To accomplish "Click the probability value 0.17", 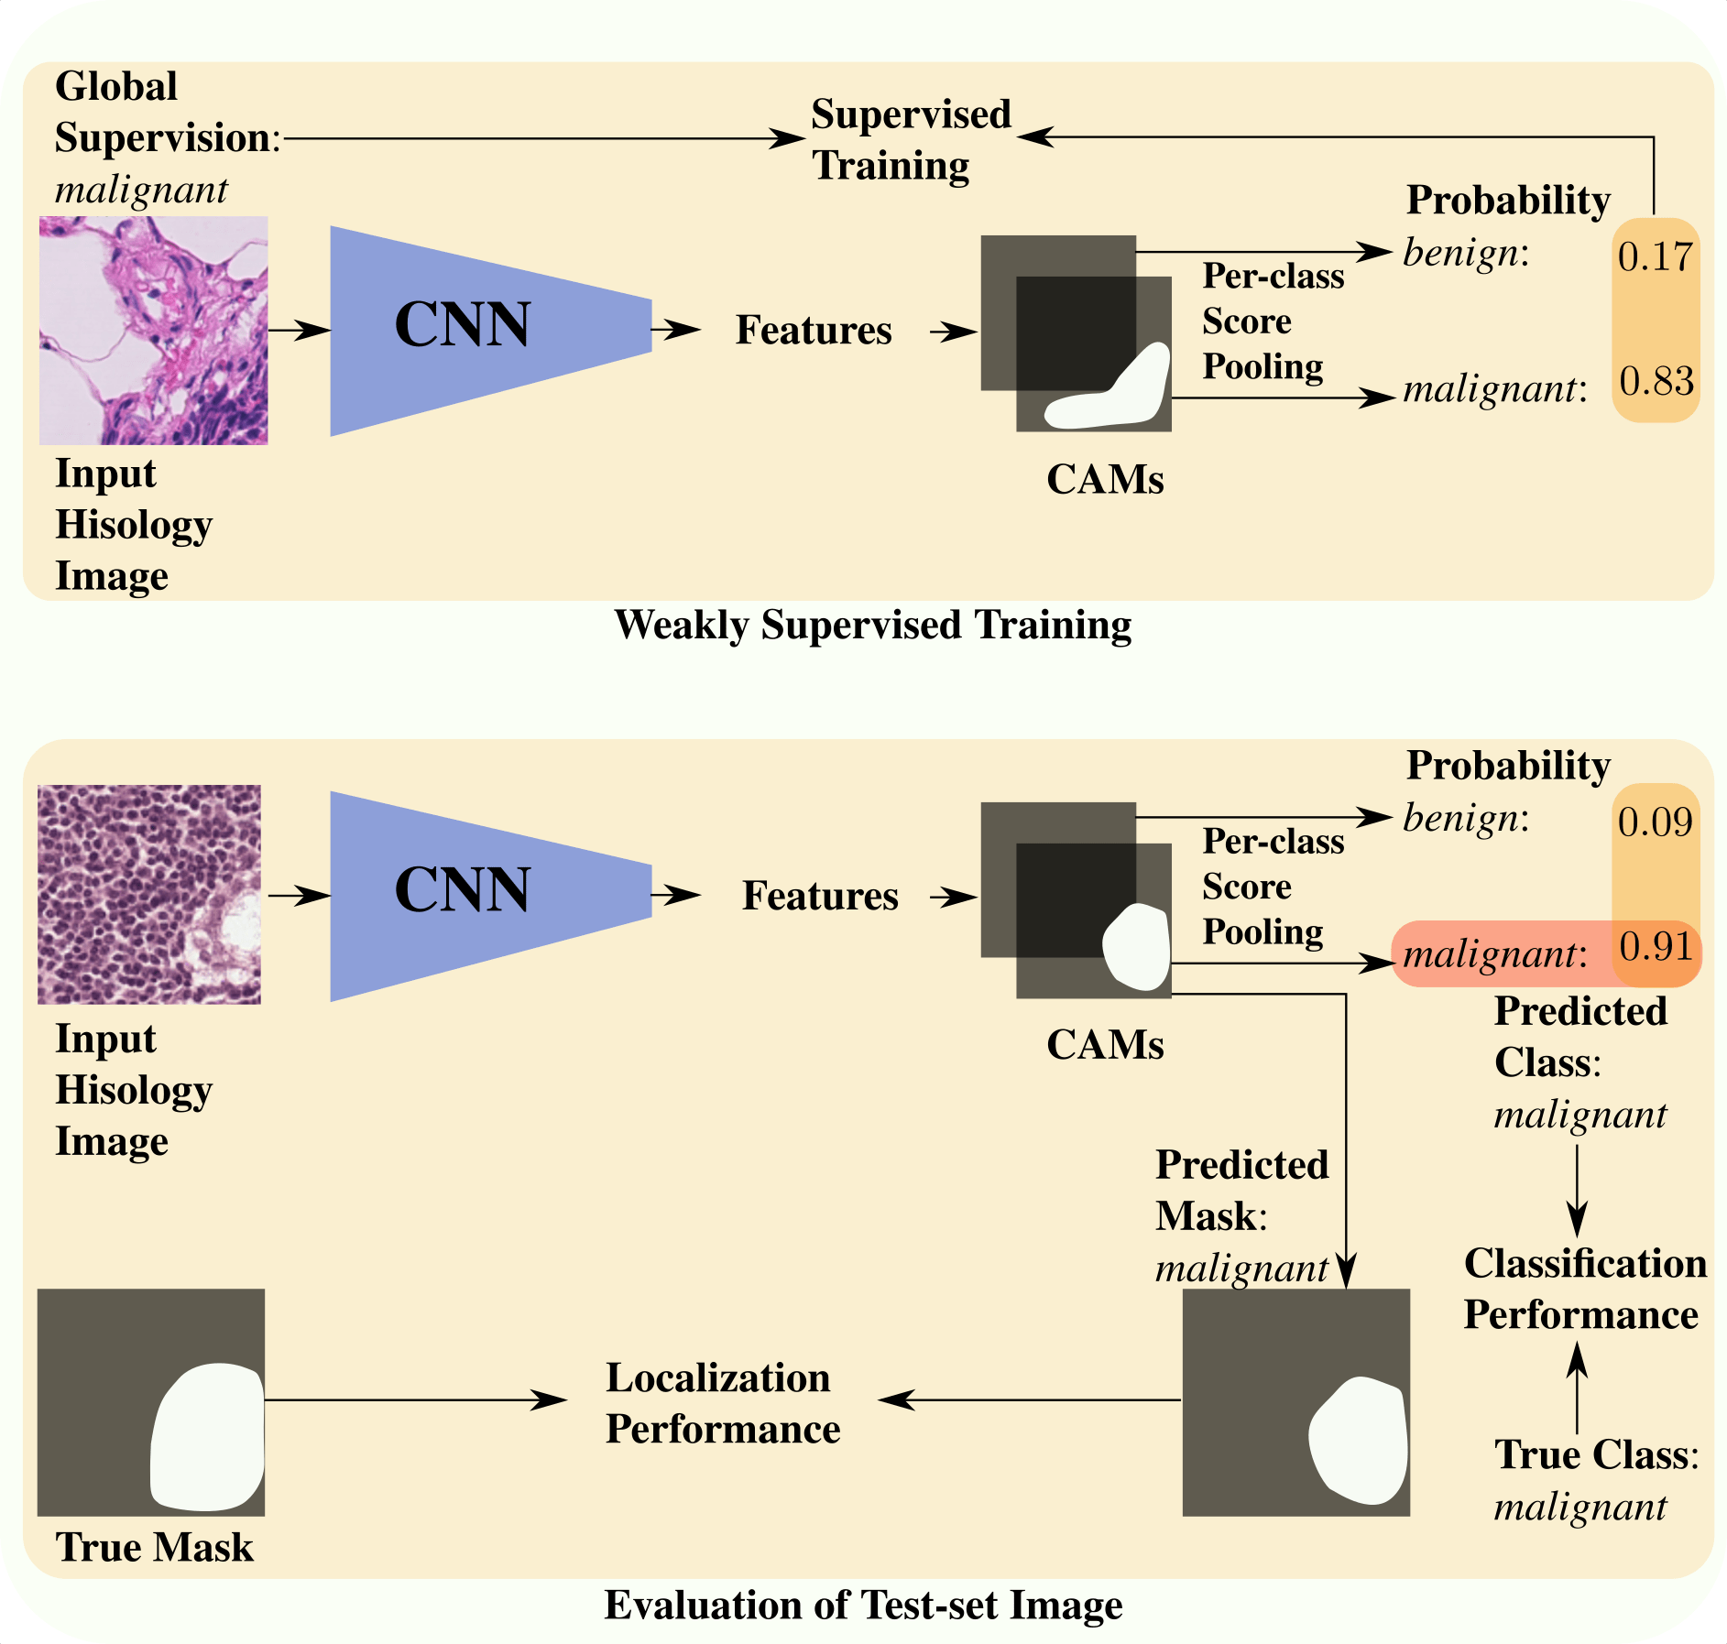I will [1655, 256].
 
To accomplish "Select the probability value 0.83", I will [1656, 381].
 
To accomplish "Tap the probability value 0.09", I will [1655, 822].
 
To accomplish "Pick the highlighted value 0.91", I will [1656, 946].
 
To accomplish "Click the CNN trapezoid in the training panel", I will [476, 330].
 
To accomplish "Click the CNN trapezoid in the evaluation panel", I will [476, 895].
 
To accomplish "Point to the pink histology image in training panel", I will [153, 330].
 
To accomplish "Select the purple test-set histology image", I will [149, 894].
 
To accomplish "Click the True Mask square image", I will [150, 1401].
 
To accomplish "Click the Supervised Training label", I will [910, 140].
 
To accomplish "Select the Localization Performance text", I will [722, 1403].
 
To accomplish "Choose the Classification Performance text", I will [1584, 1289].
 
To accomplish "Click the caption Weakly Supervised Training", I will [872, 626].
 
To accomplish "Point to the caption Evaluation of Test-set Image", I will [863, 1605].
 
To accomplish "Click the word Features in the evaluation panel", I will [819, 896].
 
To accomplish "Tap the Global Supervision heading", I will [165, 112].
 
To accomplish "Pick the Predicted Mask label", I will [1241, 1191].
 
